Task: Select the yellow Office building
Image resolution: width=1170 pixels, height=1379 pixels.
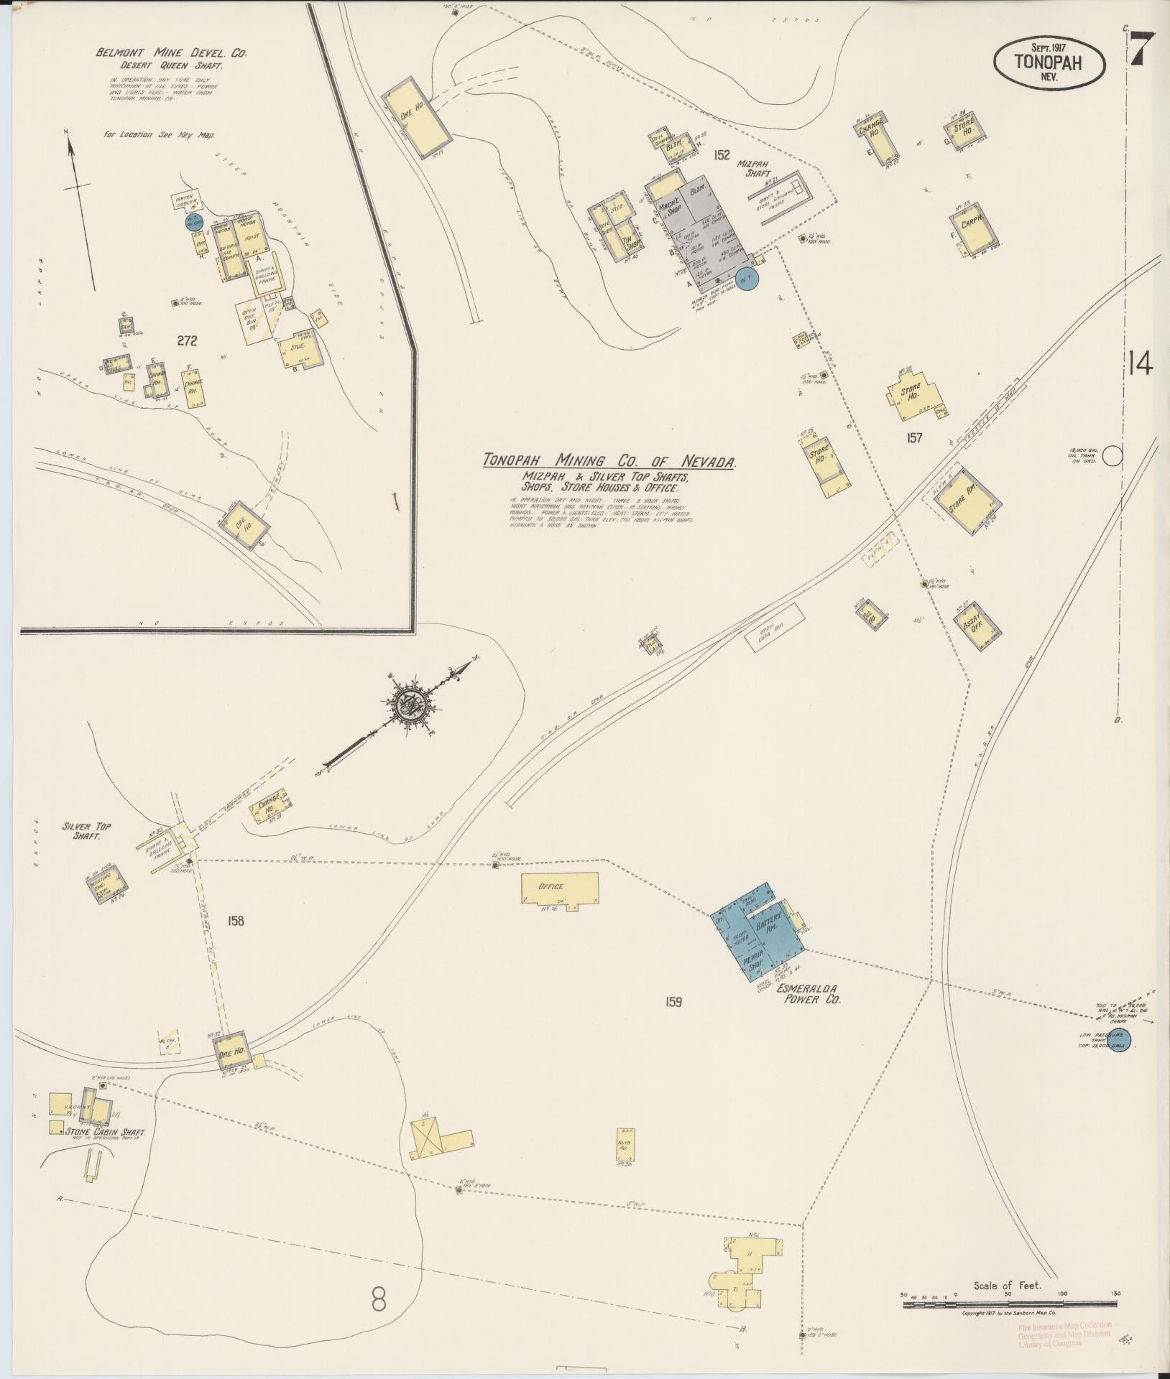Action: click(559, 889)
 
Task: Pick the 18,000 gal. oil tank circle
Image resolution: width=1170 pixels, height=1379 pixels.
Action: click(1113, 455)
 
